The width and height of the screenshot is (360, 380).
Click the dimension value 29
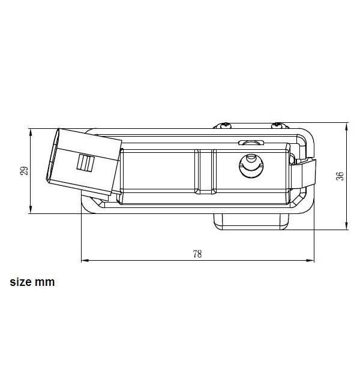(x=24, y=171)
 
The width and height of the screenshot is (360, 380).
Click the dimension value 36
(x=340, y=176)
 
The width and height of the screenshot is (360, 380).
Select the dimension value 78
(x=197, y=254)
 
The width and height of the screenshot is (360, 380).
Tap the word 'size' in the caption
(x=20, y=282)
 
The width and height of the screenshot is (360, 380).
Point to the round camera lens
(x=251, y=166)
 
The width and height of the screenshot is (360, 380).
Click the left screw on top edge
(x=225, y=125)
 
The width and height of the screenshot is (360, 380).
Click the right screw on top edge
(x=277, y=125)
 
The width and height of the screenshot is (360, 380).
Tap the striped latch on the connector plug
(x=86, y=162)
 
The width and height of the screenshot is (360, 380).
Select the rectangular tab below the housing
(x=251, y=222)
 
